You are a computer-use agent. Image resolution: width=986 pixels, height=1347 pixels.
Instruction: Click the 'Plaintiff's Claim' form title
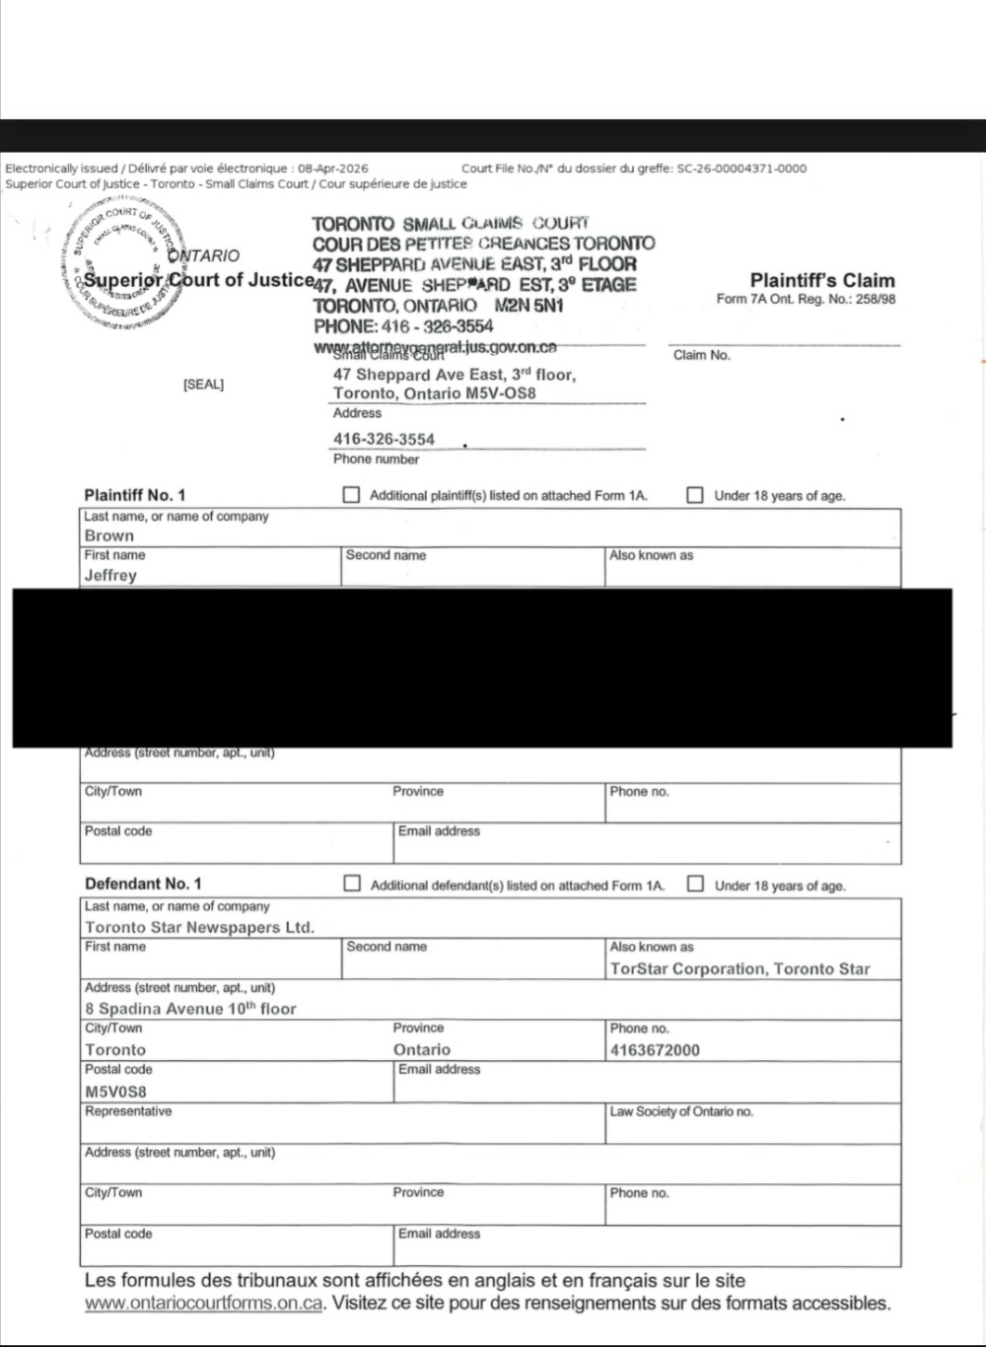click(822, 281)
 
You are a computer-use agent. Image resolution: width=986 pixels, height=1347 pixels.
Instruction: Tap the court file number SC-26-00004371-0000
click(741, 169)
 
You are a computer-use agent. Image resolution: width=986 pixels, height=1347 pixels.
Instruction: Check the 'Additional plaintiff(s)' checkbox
click(350, 495)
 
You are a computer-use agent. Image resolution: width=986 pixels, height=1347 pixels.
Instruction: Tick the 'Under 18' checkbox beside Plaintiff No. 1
click(695, 495)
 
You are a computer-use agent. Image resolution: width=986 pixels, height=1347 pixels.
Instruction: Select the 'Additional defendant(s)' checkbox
click(351, 884)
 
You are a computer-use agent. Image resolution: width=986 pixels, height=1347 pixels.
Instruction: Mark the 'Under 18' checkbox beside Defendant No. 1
click(695, 884)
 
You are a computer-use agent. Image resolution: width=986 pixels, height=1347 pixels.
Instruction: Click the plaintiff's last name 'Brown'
click(109, 535)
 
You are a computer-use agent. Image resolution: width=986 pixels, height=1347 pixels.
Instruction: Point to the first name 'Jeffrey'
click(110, 575)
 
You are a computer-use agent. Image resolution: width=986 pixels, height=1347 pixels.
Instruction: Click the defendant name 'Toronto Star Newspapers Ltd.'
click(199, 927)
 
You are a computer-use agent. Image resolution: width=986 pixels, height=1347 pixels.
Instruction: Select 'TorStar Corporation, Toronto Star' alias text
click(739, 968)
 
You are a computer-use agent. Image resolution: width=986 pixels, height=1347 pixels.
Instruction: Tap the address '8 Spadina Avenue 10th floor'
click(190, 1009)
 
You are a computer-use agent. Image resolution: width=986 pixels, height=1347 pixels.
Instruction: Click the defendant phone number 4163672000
click(655, 1050)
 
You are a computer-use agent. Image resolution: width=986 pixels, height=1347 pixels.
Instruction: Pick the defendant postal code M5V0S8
click(115, 1092)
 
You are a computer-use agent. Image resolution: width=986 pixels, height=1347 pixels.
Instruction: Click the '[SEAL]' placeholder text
click(203, 385)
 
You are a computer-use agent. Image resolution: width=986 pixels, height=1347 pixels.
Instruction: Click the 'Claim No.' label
click(701, 355)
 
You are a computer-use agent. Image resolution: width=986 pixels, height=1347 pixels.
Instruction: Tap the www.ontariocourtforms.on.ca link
click(204, 1304)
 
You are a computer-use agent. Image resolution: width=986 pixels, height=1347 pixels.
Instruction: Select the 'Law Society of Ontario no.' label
click(680, 1111)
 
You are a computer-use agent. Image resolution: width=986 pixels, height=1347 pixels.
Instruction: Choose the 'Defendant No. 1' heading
click(143, 884)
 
